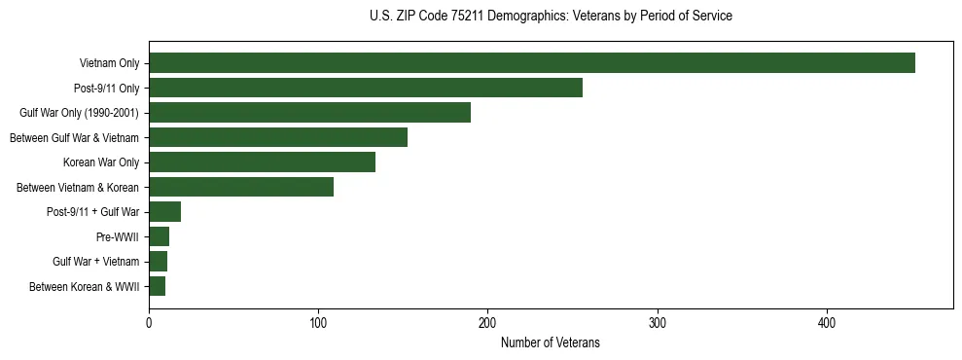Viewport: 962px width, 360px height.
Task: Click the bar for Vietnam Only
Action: (531, 63)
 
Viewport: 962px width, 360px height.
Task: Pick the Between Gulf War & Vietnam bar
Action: (278, 137)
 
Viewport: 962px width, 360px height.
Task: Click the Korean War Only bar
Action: (262, 162)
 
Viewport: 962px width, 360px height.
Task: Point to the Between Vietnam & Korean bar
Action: (241, 187)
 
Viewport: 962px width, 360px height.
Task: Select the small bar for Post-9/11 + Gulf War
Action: (164, 212)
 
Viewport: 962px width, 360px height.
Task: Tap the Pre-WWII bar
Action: (159, 236)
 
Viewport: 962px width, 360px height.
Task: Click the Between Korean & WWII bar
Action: (157, 286)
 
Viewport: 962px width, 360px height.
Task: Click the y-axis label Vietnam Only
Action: (108, 64)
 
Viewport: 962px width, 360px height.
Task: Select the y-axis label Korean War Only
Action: (101, 162)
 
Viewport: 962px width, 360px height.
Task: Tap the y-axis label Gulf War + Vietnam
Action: (95, 262)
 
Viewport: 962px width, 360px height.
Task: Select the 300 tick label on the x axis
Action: (658, 323)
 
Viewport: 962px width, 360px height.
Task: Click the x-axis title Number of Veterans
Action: (550, 343)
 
